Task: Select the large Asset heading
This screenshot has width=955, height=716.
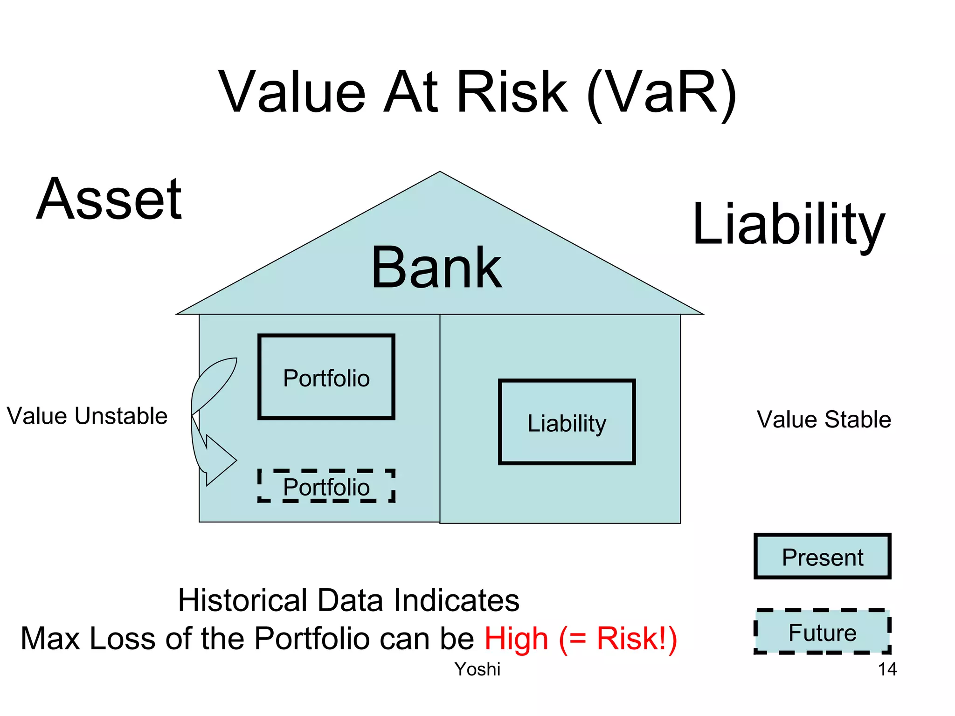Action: click(x=110, y=200)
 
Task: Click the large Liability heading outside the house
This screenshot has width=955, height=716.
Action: click(x=788, y=225)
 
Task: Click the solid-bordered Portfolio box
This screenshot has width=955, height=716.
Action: click(x=326, y=377)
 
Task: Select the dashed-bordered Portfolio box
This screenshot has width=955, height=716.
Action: click(x=326, y=486)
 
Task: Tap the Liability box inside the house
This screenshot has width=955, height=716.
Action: click(x=567, y=422)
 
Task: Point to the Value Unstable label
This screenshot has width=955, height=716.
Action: click(x=87, y=416)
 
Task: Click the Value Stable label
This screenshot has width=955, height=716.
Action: click(x=824, y=419)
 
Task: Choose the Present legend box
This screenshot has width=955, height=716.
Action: click(x=822, y=557)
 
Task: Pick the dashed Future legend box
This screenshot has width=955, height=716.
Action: click(x=822, y=632)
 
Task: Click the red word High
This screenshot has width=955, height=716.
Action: click(x=516, y=638)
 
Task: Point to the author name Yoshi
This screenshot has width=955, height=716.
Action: click(x=477, y=669)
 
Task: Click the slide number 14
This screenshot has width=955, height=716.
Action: click(x=887, y=669)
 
